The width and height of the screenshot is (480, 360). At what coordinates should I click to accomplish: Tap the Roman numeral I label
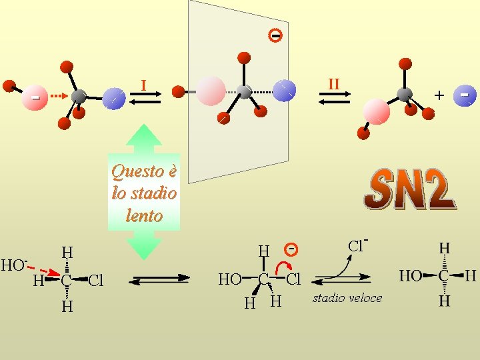[143, 85]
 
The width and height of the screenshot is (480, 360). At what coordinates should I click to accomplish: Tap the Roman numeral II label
[333, 84]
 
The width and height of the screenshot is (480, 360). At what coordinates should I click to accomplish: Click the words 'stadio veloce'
[347, 298]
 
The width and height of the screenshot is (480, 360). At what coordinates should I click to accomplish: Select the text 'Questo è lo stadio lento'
[144, 193]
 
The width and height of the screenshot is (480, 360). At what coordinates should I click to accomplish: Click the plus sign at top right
[439, 95]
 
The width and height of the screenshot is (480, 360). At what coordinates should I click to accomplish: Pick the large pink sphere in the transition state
[211, 90]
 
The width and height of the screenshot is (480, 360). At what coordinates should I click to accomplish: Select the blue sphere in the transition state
[285, 90]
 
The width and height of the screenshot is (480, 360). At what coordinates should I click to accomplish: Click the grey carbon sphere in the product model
[404, 94]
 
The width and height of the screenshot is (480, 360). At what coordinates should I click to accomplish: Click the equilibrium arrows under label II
[333, 98]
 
